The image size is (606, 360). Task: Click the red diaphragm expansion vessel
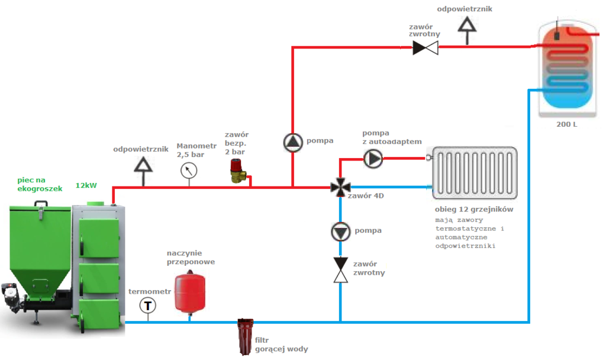pyautogui.click(x=189, y=291)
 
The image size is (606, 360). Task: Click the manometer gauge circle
pyautogui.click(x=189, y=171)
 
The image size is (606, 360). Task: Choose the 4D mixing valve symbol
pyautogui.click(x=340, y=188)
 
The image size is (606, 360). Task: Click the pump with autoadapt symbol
pyautogui.click(x=373, y=158)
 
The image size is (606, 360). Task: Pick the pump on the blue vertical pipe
pyautogui.click(x=340, y=232)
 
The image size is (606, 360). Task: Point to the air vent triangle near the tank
pyautogui.click(x=468, y=25)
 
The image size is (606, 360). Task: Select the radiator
pyautogui.click(x=475, y=172)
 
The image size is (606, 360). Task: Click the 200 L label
pyautogui.click(x=566, y=126)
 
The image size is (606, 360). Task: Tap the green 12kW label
pyautogui.click(x=86, y=185)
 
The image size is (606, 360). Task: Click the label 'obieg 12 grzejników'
pyautogui.click(x=473, y=210)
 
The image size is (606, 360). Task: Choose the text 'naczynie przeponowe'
pyautogui.click(x=191, y=257)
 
